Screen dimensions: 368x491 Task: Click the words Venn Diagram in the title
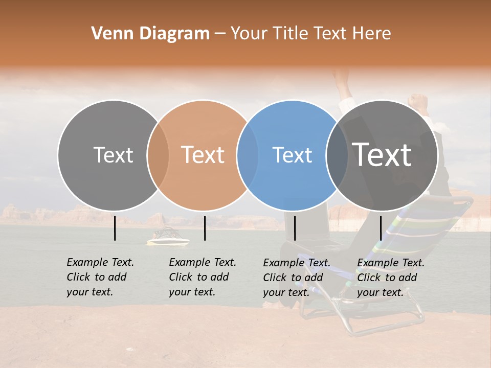(150, 34)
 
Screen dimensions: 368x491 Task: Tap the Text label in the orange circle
(203, 155)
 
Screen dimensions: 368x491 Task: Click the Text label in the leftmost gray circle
(113, 155)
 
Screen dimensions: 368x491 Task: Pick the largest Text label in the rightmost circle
(382, 154)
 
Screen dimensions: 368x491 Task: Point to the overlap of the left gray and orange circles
(158, 155)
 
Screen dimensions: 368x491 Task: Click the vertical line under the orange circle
(205, 228)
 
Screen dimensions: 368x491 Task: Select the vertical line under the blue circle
(295, 228)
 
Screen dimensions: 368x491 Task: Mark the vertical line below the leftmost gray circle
(115, 228)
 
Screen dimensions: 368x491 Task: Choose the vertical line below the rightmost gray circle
(381, 228)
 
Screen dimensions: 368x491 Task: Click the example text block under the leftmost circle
(100, 277)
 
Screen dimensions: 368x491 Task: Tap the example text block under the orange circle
(202, 277)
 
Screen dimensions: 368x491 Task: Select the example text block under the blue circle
(296, 278)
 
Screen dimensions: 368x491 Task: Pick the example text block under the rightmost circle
(390, 278)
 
